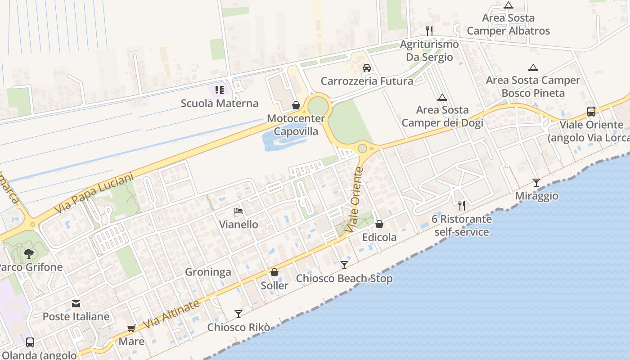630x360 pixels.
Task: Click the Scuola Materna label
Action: tap(220, 103)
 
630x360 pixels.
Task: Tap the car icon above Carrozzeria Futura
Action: tap(367, 68)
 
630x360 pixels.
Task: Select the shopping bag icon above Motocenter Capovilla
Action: tap(296, 105)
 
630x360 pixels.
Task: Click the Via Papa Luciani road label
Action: tap(95, 194)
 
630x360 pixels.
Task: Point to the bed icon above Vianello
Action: tap(238, 211)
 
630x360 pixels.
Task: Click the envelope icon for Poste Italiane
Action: tap(76, 304)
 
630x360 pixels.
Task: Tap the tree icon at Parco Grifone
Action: tap(29, 254)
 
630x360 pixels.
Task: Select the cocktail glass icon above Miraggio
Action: tap(536, 182)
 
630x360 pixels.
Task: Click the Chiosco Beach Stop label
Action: tap(344, 279)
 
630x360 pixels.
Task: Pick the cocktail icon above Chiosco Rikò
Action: tap(238, 314)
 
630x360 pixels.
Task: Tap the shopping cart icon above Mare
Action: tap(131, 328)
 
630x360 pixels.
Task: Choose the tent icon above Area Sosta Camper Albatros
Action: tap(508, 5)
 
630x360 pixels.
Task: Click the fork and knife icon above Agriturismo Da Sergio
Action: tap(429, 31)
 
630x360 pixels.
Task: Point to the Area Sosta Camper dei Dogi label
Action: tap(442, 116)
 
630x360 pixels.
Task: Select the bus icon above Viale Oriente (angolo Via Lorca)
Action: tap(591, 111)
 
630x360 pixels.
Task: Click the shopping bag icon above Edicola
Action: tap(379, 224)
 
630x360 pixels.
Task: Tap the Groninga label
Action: tap(208, 272)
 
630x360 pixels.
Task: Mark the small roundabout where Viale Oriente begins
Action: tap(362, 148)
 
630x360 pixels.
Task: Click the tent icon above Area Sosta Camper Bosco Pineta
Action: tap(533, 67)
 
